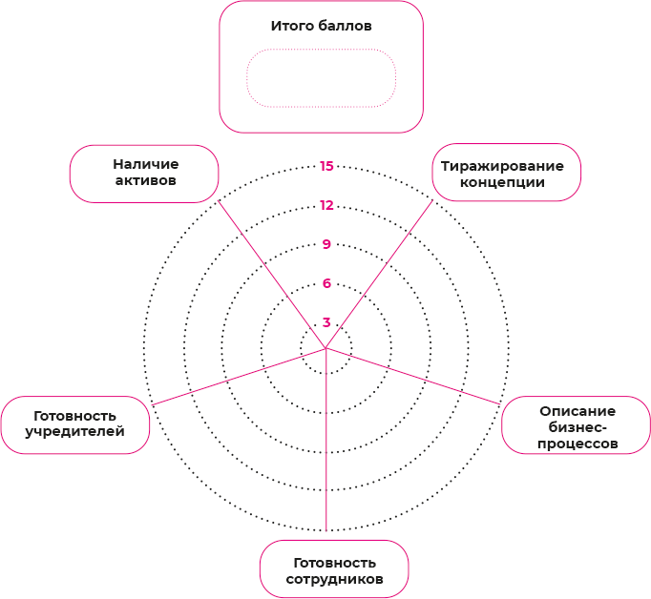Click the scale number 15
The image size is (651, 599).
point(326,166)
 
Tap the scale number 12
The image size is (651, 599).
point(326,205)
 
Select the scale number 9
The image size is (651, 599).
point(326,244)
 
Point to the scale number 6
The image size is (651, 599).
point(326,283)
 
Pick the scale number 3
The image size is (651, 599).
point(326,322)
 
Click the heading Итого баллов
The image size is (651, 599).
point(321,26)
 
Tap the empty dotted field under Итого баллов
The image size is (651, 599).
point(321,78)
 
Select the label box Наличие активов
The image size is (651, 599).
point(144,173)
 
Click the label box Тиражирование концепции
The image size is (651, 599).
point(507,173)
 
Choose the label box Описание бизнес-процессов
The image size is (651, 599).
point(576,426)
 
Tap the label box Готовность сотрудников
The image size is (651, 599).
point(334,569)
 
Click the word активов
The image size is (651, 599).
point(145,181)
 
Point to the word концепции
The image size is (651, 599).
point(502,182)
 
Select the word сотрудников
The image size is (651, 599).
point(334,579)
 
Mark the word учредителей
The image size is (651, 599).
point(75,432)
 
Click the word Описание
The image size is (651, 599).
point(577,410)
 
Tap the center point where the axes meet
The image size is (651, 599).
point(325,348)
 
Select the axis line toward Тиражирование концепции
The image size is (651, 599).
point(379,275)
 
